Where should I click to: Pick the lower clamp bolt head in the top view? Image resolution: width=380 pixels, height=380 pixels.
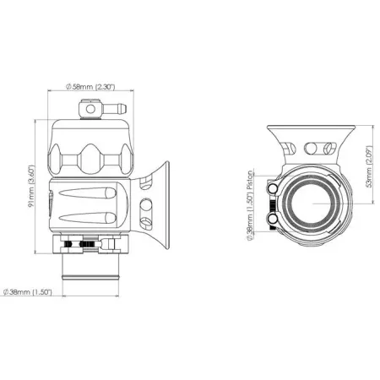272,221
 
